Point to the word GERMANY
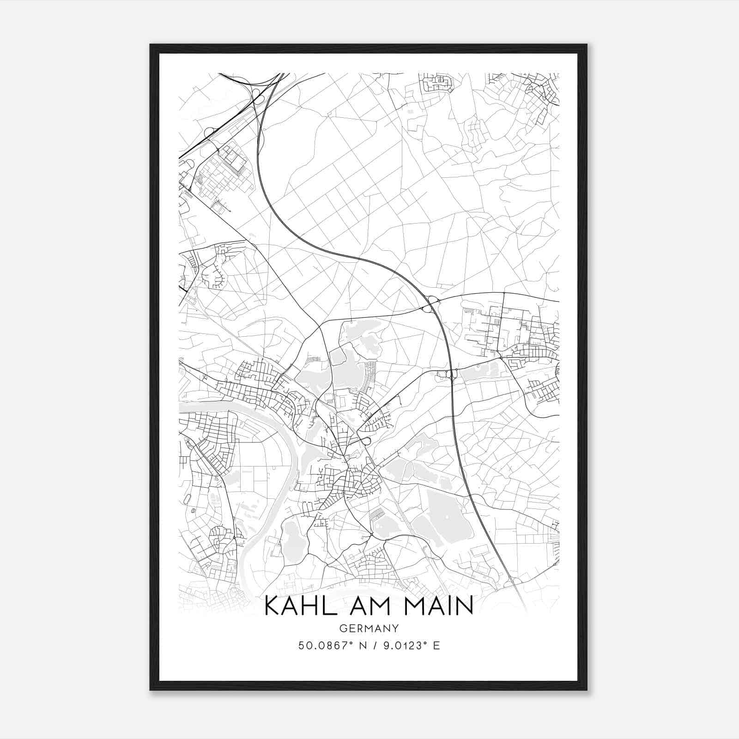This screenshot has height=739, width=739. [369, 628]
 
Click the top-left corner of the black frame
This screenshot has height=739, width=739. [151, 45]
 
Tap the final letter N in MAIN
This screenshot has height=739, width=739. [465, 606]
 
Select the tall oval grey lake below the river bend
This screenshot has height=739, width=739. [291, 540]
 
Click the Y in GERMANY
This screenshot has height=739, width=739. [395, 628]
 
